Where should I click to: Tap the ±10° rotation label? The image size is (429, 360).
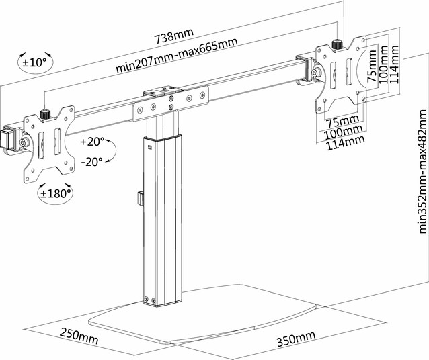34,62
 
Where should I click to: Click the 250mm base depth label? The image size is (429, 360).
78,333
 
